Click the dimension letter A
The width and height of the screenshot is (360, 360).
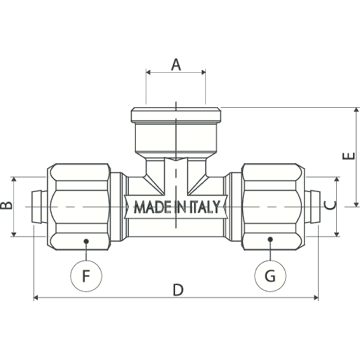(x=176, y=65)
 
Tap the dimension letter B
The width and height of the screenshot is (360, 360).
(x=6, y=205)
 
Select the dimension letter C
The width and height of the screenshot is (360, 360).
(x=330, y=205)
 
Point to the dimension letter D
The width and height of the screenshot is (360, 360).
(x=178, y=289)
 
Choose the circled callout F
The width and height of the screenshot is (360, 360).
(x=86, y=276)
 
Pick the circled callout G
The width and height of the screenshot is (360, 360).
(x=270, y=276)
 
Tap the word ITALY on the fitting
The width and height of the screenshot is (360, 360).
(x=205, y=207)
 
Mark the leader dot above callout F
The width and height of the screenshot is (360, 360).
(x=86, y=241)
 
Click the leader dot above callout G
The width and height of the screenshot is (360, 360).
(x=270, y=240)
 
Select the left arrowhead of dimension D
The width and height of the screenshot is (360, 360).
(x=36, y=298)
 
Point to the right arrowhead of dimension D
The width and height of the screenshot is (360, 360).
(x=316, y=298)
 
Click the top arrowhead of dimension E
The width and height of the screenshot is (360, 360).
(x=356, y=110)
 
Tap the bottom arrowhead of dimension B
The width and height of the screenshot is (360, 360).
(x=14, y=234)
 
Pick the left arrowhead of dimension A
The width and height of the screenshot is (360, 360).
(x=148, y=72)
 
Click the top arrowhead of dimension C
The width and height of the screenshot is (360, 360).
(x=337, y=179)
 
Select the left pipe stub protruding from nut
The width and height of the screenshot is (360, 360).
(x=39, y=207)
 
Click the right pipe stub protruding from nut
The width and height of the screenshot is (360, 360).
(x=312, y=207)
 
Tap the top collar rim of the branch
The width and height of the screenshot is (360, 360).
(x=176, y=115)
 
